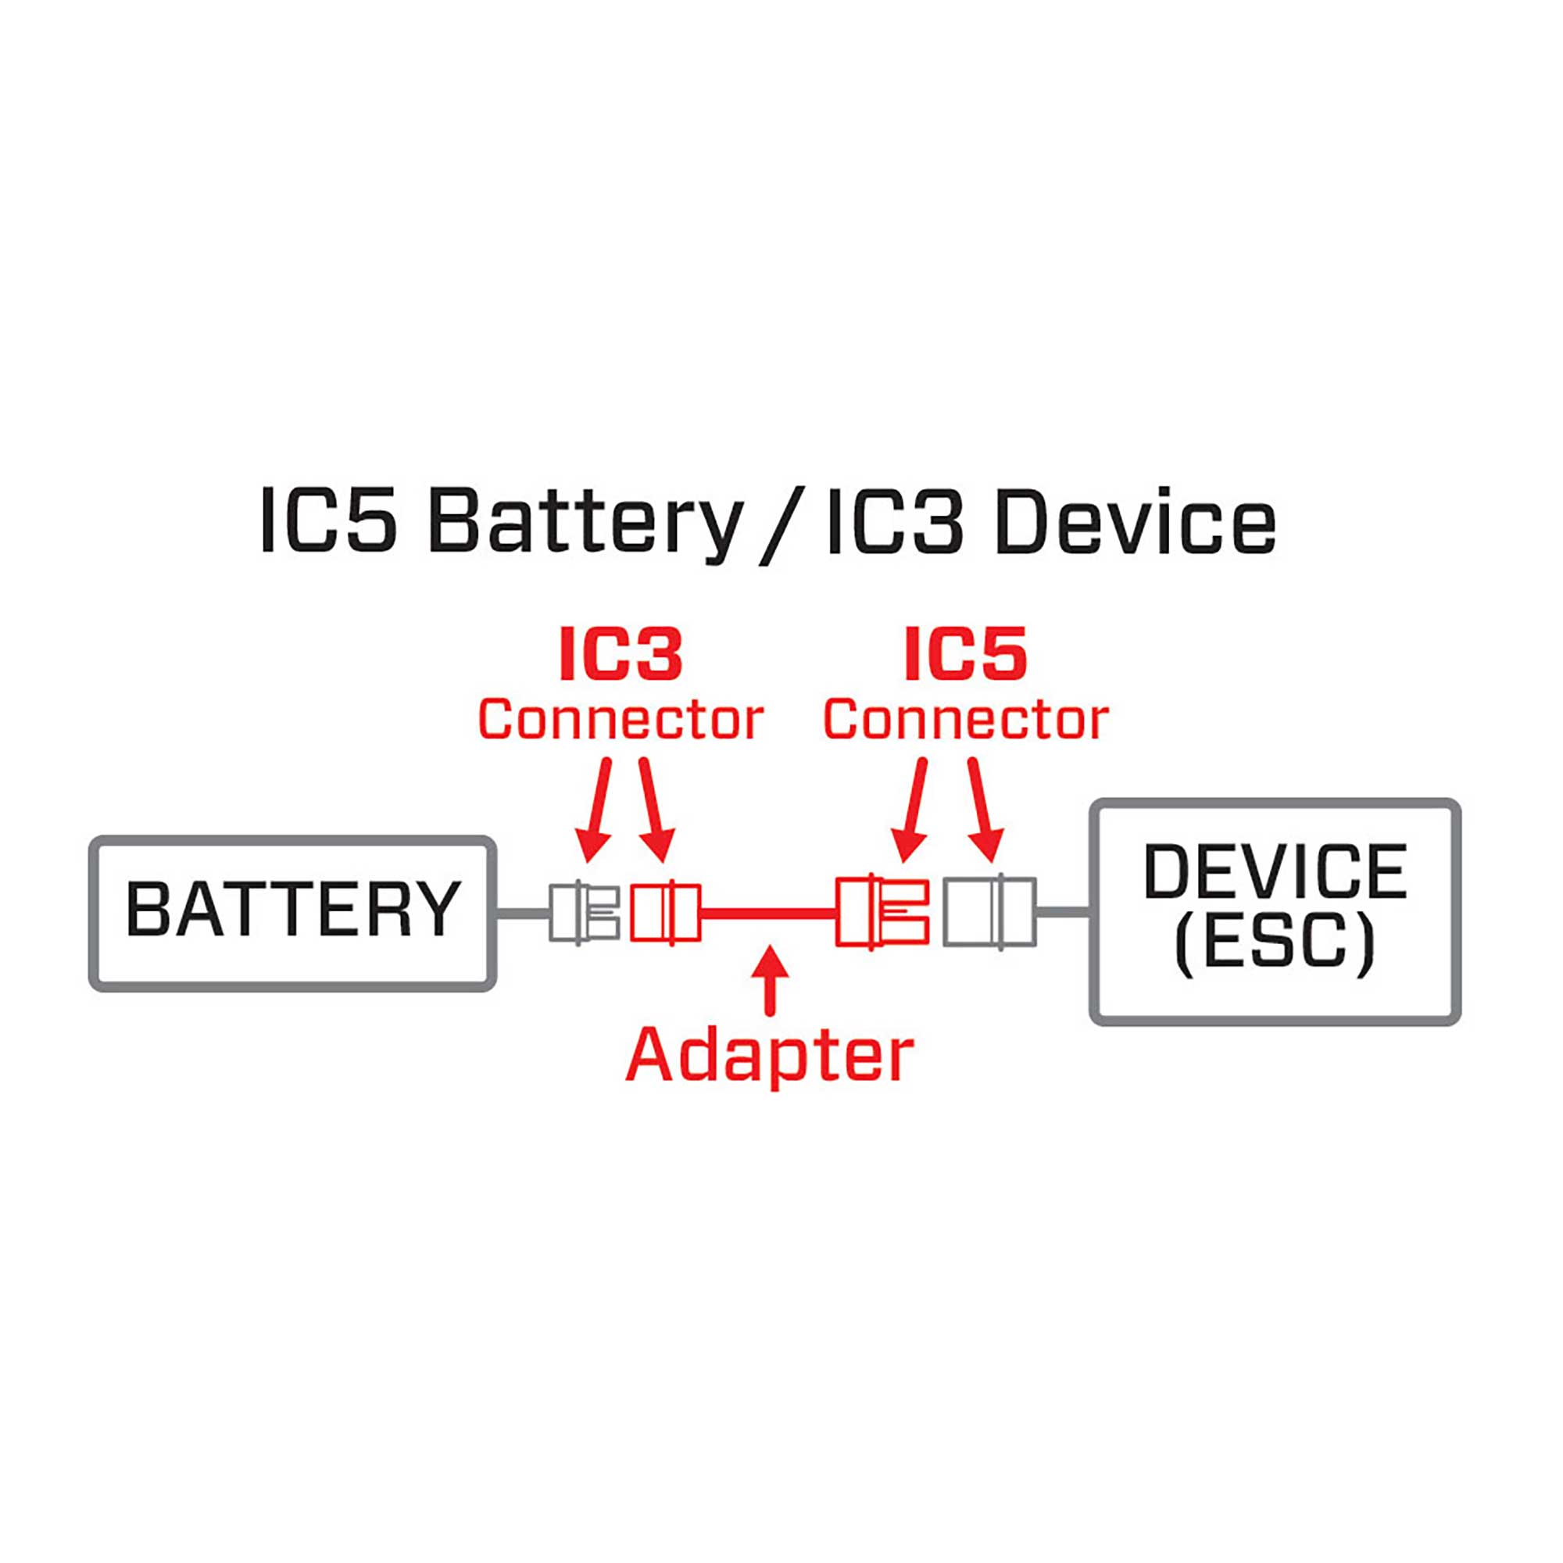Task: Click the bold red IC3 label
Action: tap(621, 653)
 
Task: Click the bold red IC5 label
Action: tap(965, 653)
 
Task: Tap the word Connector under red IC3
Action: tap(621, 719)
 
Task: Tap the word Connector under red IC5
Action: tap(965, 719)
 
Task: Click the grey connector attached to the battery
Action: tap(583, 913)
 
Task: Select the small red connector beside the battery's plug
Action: tap(665, 913)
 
